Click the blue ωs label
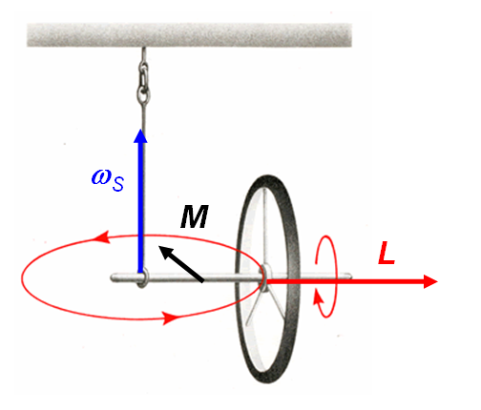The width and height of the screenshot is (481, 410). pyautogui.click(x=108, y=180)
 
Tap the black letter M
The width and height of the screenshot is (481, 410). pyautogui.click(x=195, y=216)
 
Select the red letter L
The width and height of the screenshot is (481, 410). pyautogui.click(x=387, y=253)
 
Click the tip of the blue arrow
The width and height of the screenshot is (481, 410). pyautogui.click(x=140, y=129)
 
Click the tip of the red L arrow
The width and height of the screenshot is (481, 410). pyautogui.click(x=438, y=281)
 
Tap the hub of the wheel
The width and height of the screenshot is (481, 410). pyautogui.click(x=266, y=276)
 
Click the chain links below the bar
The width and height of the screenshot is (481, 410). pyautogui.click(x=144, y=80)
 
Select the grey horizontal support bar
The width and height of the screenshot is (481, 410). pyautogui.click(x=189, y=35)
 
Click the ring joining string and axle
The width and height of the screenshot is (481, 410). pyautogui.click(x=143, y=277)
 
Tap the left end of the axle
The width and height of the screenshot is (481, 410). pyautogui.click(x=112, y=278)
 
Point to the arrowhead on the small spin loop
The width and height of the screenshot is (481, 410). pyautogui.click(x=318, y=298)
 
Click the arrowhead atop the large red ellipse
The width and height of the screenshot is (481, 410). pyautogui.click(x=102, y=237)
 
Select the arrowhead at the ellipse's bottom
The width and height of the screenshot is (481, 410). pyautogui.click(x=170, y=318)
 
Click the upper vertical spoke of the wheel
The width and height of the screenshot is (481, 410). pyautogui.click(x=264, y=226)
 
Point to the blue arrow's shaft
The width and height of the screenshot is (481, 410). pyautogui.click(x=140, y=207)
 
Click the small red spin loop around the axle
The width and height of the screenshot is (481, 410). pyautogui.click(x=336, y=276)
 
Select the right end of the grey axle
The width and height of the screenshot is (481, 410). pyautogui.click(x=350, y=277)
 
